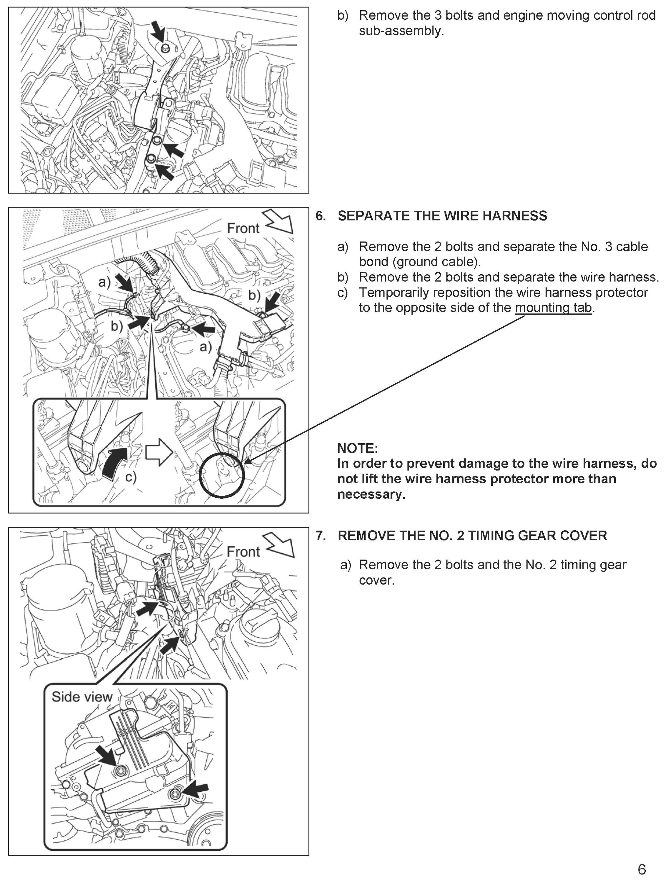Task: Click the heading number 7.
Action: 320,536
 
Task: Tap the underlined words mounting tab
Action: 553,308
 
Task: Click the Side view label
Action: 82,697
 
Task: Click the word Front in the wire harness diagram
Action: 243,228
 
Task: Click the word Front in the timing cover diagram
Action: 243,552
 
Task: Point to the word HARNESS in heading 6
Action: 515,216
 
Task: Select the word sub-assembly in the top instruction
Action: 401,31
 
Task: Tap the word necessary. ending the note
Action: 371,494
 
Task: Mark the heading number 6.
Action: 320,216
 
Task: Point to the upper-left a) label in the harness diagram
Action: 104,282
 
